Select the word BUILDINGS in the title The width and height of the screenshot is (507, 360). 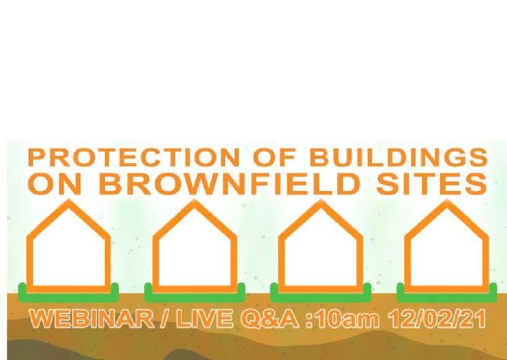coord(398,157)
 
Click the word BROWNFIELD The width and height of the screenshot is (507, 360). coord(229,184)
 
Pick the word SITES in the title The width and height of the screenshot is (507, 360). coord(432,184)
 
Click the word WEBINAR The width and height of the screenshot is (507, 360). coord(92,318)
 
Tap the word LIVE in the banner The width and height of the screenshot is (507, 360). coord(205,318)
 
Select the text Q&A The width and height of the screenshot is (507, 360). coord(270,319)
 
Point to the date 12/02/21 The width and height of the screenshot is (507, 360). coord(438,319)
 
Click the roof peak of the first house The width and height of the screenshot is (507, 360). coord(69,200)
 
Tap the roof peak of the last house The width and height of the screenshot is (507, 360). coord(447,200)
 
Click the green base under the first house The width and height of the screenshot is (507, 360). coord(68,297)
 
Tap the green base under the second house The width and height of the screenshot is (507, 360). coord(194,297)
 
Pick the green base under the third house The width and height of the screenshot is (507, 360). coord(321,297)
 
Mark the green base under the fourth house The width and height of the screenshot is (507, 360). coord(447,297)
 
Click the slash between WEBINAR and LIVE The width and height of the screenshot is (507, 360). coord(165,319)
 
